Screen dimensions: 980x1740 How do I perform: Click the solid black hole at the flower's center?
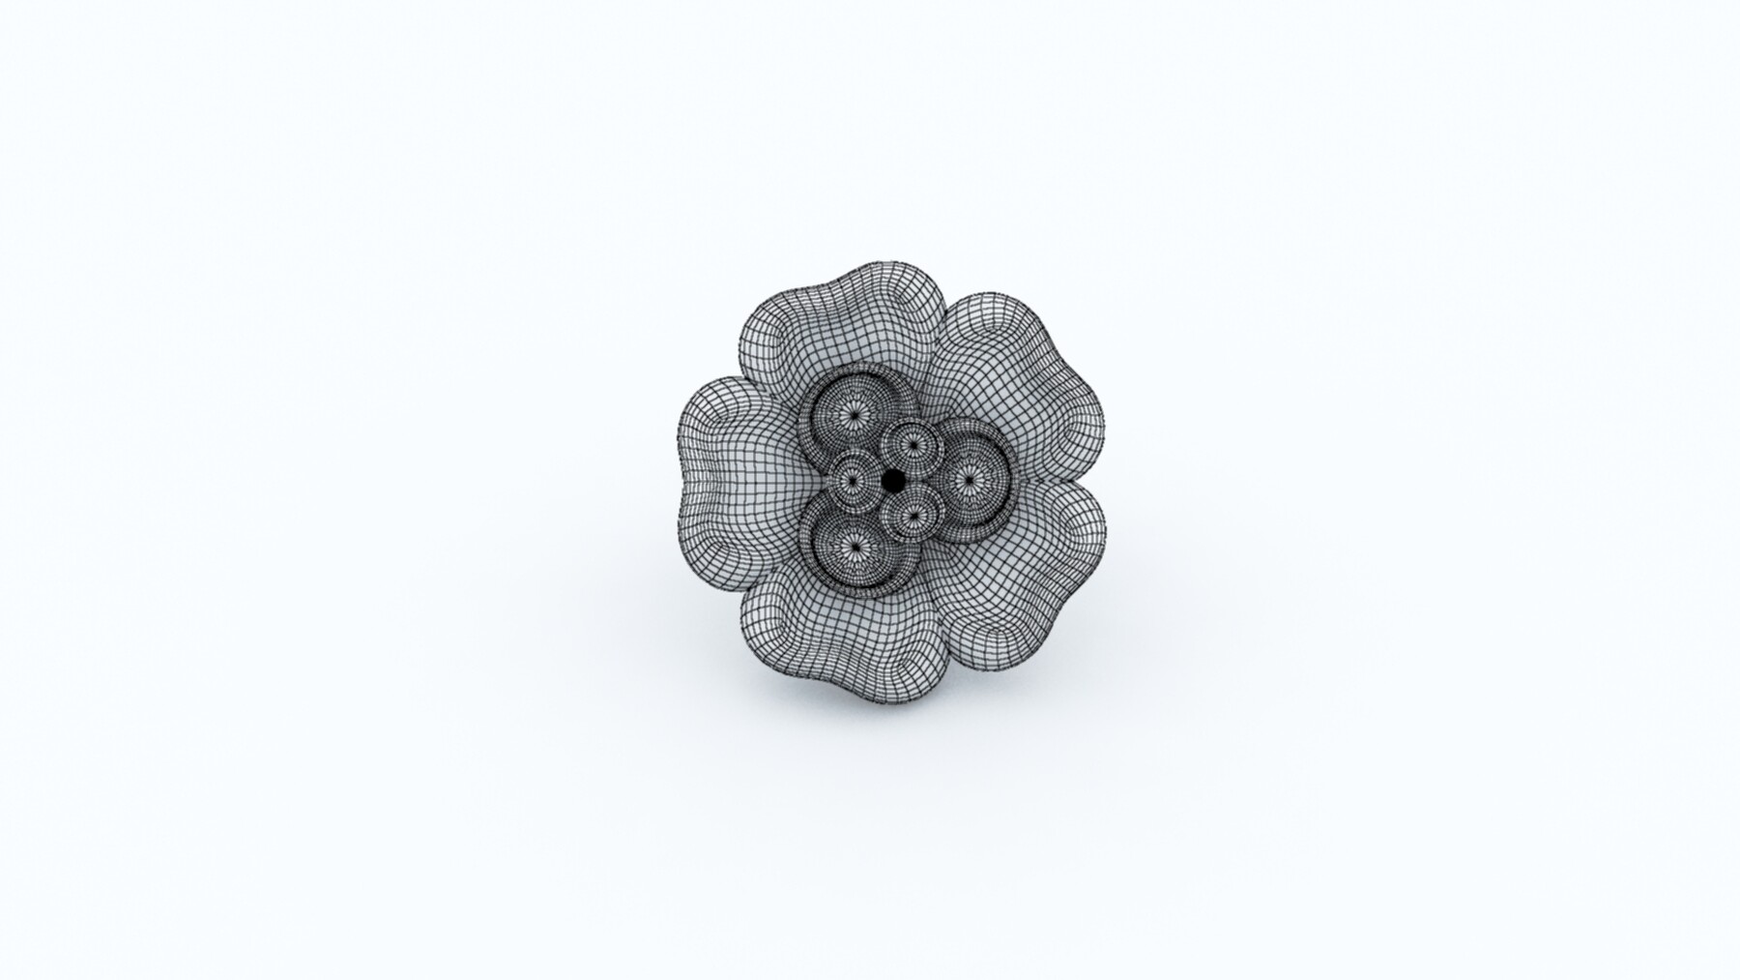pos(893,479)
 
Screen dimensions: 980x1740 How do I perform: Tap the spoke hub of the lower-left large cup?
pos(853,547)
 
